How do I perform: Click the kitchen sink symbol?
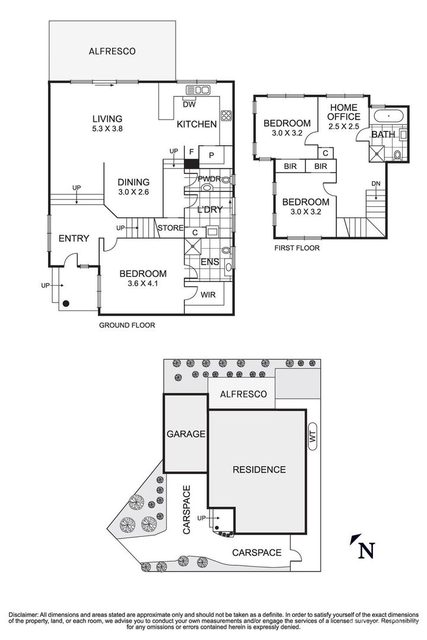(x=197, y=90)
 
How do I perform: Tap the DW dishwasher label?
(x=189, y=104)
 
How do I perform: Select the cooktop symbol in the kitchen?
(x=226, y=116)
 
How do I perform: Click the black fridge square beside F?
(x=191, y=163)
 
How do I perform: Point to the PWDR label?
(x=209, y=179)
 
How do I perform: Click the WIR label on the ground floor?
(x=208, y=295)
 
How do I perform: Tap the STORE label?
(x=171, y=228)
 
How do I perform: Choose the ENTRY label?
(x=74, y=238)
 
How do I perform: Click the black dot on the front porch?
(x=65, y=303)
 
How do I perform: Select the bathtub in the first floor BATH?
(x=388, y=116)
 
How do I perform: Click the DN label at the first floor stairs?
(x=376, y=184)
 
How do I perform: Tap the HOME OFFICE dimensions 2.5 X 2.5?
(x=343, y=127)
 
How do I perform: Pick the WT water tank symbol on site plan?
(x=313, y=437)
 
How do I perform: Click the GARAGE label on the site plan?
(x=186, y=434)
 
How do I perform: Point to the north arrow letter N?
(x=366, y=550)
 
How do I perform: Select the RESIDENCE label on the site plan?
(x=259, y=469)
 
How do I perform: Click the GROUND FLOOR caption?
(x=127, y=325)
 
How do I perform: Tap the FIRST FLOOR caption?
(x=297, y=248)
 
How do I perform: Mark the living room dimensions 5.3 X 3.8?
(x=107, y=128)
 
